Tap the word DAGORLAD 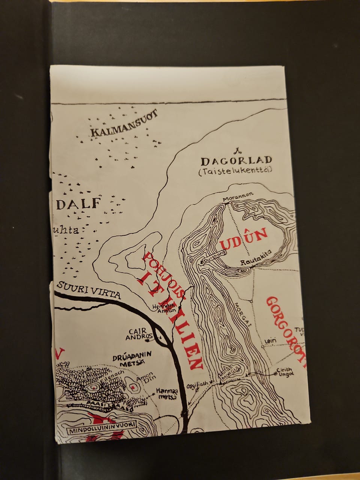(237, 161)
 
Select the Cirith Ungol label (285, 371)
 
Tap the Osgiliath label (197, 385)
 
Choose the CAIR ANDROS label (140, 334)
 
